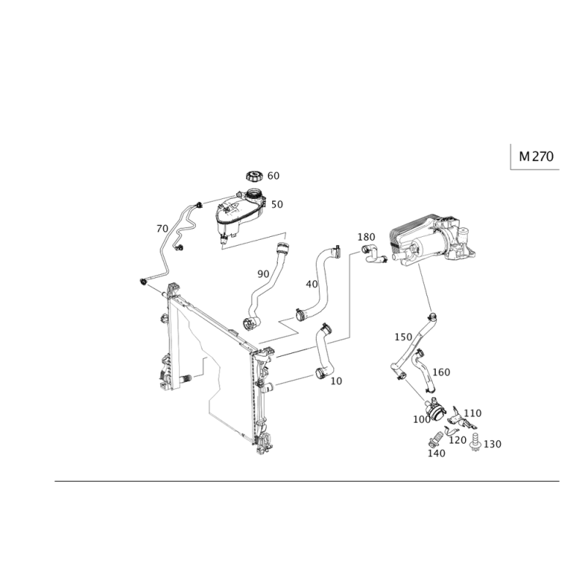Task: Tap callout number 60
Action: point(273,175)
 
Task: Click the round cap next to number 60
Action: point(254,175)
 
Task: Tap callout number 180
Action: point(366,237)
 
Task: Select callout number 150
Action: point(402,337)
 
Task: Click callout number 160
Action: point(441,371)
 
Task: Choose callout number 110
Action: point(472,412)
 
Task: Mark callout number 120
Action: point(458,439)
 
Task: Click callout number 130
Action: point(493,444)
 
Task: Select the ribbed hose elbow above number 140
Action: point(434,438)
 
